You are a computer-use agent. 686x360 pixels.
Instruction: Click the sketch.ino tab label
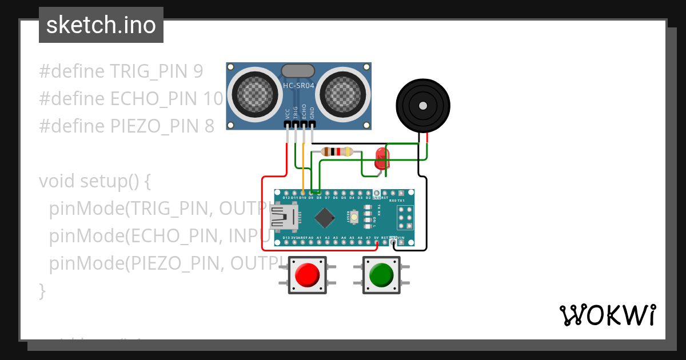point(101,25)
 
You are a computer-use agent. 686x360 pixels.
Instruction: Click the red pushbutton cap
point(307,275)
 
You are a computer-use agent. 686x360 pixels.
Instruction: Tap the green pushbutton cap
point(381,275)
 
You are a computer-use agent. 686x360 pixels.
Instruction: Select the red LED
point(380,158)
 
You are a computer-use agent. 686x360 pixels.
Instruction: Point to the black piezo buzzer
point(422,106)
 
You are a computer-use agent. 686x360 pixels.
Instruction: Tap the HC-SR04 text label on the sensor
point(299,86)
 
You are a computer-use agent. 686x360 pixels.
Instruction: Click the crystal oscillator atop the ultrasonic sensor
point(298,71)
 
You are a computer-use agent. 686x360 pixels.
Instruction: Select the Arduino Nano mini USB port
point(283,218)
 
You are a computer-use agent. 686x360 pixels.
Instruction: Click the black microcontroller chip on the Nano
point(325,217)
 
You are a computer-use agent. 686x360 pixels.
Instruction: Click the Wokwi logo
point(607,315)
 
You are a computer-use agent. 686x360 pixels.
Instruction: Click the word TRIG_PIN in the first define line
point(149,71)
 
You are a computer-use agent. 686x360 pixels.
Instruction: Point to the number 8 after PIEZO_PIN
point(209,126)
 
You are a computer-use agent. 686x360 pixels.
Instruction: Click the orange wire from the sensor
point(302,166)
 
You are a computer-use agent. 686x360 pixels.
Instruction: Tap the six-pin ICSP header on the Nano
point(405,218)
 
